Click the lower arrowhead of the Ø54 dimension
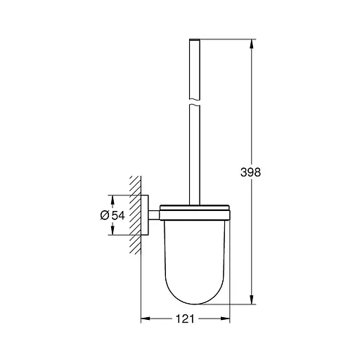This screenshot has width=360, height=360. point(111,232)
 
